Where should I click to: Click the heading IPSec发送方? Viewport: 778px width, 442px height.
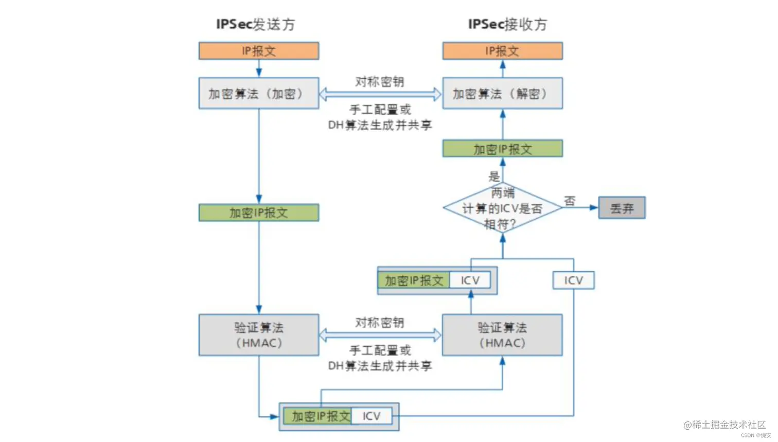click(x=255, y=24)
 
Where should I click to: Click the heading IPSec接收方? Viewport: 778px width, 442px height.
click(x=507, y=24)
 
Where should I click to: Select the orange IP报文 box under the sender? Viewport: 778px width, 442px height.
click(x=259, y=51)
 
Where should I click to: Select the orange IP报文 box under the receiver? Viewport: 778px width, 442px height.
click(x=502, y=51)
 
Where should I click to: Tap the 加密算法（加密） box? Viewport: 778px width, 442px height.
click(x=259, y=94)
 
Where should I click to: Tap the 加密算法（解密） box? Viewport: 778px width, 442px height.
click(x=502, y=94)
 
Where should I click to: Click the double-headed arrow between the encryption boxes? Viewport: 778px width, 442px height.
click(x=380, y=94)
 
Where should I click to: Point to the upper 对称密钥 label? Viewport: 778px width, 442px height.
click(x=380, y=82)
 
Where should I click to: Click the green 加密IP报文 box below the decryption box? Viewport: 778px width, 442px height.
click(x=502, y=149)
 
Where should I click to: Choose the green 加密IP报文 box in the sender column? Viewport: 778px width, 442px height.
click(x=259, y=213)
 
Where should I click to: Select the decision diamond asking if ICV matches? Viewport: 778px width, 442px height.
click(x=502, y=208)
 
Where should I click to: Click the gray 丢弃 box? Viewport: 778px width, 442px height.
click(x=622, y=208)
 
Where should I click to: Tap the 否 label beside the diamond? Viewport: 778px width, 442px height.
click(x=570, y=201)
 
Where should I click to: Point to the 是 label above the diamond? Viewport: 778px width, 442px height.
click(x=494, y=176)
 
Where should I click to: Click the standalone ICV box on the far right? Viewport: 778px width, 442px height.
click(x=573, y=280)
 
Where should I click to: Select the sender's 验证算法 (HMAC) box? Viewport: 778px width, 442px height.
click(x=259, y=335)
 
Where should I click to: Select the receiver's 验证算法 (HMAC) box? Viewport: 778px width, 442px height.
click(x=502, y=335)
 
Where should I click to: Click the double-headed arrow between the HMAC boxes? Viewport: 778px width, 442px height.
click(x=380, y=335)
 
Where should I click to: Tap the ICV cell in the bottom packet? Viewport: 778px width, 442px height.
click(x=372, y=416)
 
